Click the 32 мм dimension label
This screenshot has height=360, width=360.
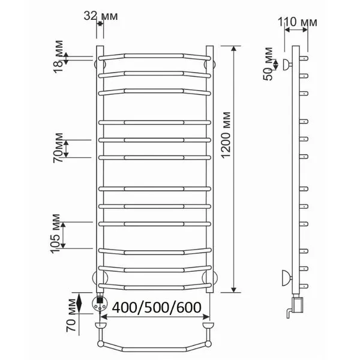(x=101, y=16)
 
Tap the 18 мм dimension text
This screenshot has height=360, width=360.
(x=58, y=56)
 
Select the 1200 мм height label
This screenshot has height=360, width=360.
(x=226, y=134)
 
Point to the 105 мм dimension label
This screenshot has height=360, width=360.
(x=55, y=233)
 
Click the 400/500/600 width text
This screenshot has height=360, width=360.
(x=157, y=307)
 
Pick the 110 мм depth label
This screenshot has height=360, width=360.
(x=298, y=22)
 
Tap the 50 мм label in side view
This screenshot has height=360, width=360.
(x=268, y=64)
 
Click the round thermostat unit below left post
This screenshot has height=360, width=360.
(x=100, y=303)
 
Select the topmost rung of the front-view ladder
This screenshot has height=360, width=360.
(x=155, y=56)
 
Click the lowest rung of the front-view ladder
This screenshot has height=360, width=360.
(x=155, y=287)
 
